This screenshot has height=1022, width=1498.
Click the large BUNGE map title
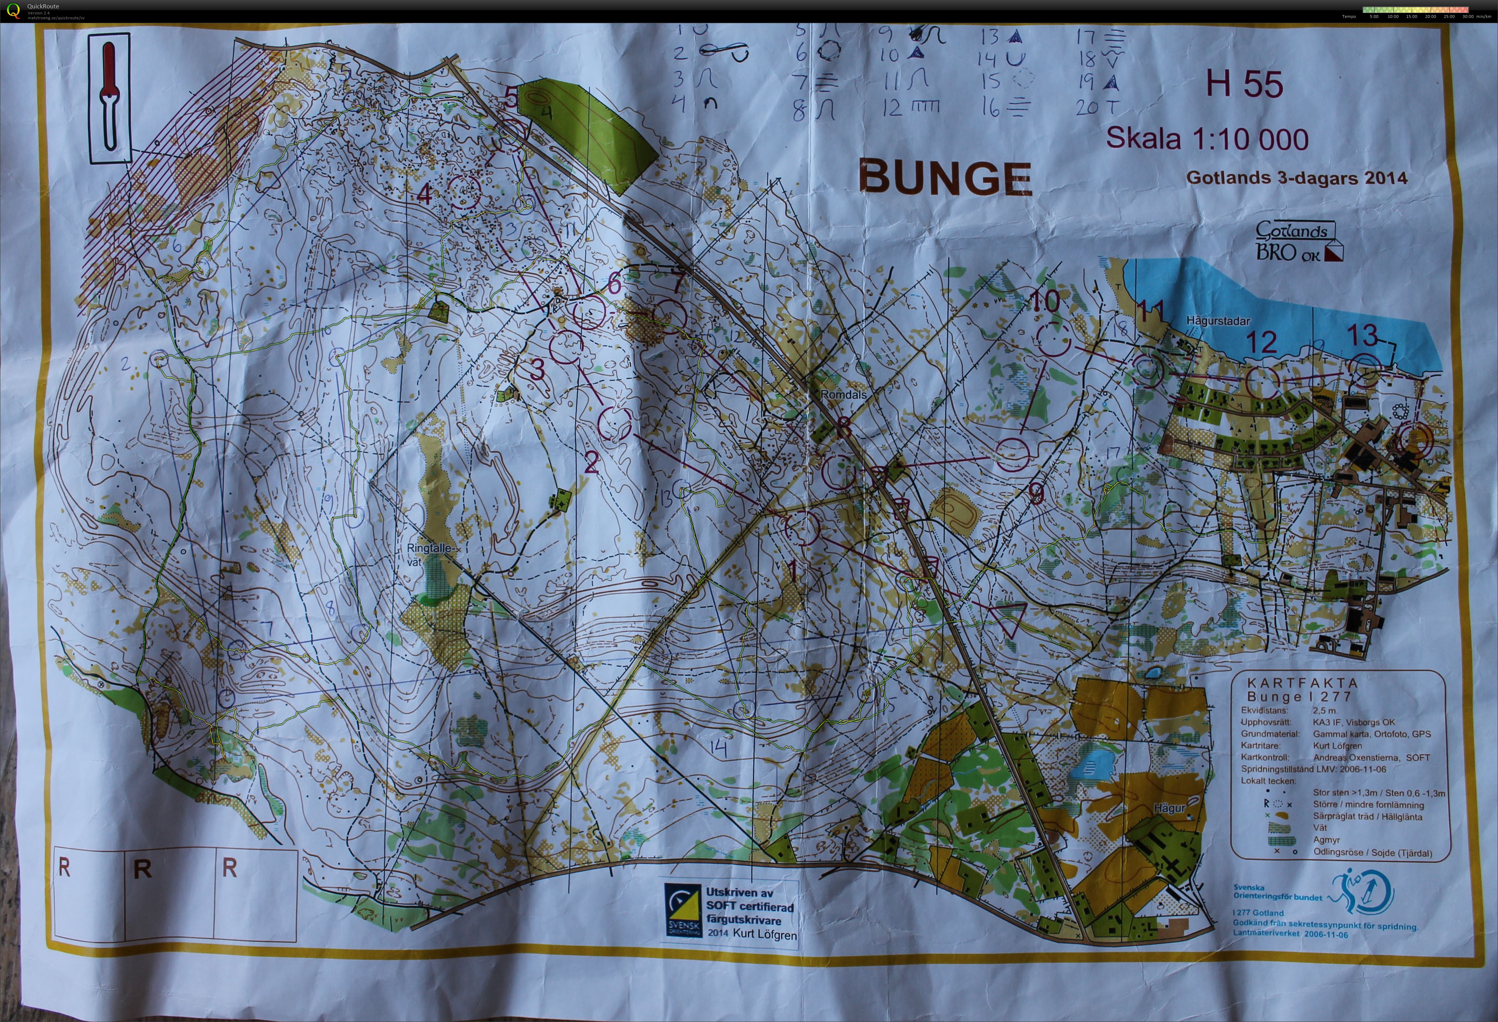[x=945, y=177]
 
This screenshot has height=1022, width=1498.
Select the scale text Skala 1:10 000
[x=1207, y=138]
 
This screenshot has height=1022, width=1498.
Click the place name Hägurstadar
[x=1218, y=320]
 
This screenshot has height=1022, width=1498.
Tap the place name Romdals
[x=843, y=394]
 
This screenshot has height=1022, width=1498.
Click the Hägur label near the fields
[x=1169, y=808]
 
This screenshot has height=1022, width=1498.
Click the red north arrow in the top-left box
[x=110, y=97]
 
